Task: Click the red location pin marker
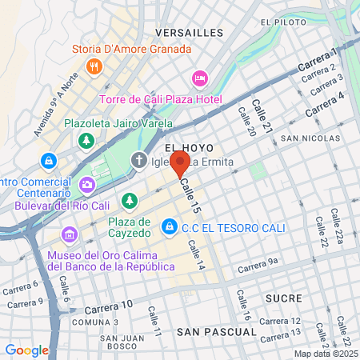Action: point(180,164)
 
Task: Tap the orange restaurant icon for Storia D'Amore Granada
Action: point(94,66)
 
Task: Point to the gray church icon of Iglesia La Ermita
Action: point(139,162)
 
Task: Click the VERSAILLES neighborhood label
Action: point(189,33)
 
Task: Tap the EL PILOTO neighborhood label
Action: point(306,22)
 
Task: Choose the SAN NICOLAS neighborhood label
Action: point(311,138)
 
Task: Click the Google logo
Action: point(26,350)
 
